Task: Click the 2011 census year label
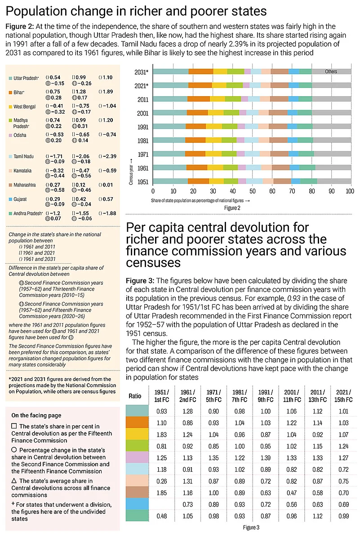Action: pyautogui.click(x=143, y=99)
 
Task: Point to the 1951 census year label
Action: pyautogui.click(x=143, y=181)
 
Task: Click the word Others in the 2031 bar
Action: pyautogui.click(x=331, y=71)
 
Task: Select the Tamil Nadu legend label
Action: pyautogui.click(x=24, y=156)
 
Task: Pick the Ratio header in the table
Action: pyautogui.click(x=135, y=396)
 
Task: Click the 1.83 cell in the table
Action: pyautogui.click(x=161, y=435)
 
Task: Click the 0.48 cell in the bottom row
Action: pyautogui.click(x=161, y=517)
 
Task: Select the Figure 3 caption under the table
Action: pyautogui.click(x=251, y=527)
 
